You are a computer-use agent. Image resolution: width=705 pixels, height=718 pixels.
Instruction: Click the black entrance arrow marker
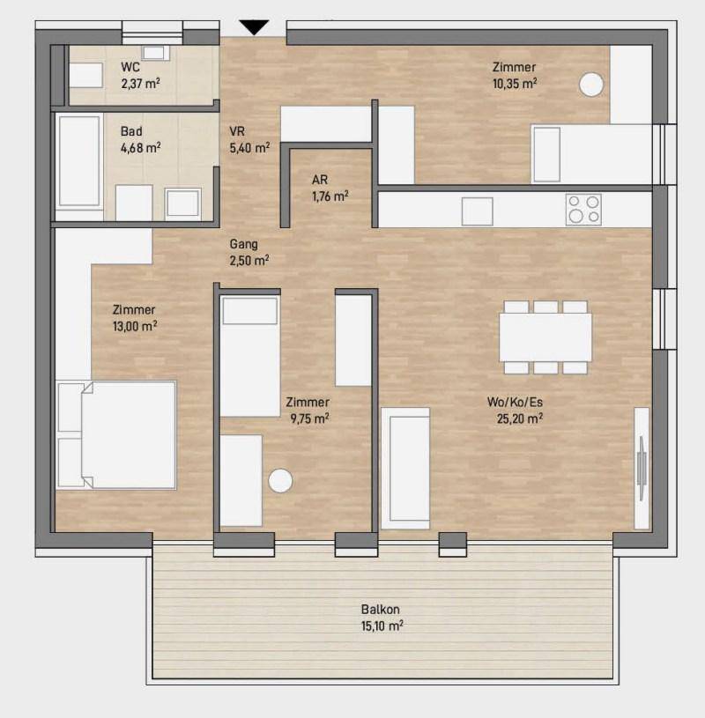pyautogui.click(x=254, y=27)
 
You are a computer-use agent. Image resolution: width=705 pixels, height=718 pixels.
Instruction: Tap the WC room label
pyautogui.click(x=130, y=67)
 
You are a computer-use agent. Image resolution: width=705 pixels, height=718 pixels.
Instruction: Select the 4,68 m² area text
pyautogui.click(x=141, y=148)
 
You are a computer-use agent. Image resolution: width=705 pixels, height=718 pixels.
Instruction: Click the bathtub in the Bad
pyautogui.click(x=79, y=161)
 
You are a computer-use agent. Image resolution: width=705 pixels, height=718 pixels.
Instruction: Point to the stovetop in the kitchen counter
pyautogui.click(x=583, y=210)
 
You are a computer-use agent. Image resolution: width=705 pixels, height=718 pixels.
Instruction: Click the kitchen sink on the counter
pyautogui.click(x=478, y=211)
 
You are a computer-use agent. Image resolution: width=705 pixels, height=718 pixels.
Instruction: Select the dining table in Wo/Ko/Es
pyautogui.click(x=545, y=337)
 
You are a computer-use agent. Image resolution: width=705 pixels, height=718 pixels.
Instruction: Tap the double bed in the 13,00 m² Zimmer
pyautogui.click(x=116, y=434)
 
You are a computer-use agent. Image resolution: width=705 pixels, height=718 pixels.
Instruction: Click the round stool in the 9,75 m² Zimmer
pyautogui.click(x=280, y=481)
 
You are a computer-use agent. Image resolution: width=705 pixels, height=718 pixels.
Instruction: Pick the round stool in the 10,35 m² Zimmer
pyautogui.click(x=591, y=85)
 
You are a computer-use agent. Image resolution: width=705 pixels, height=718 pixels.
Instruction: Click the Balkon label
pyautogui.click(x=380, y=610)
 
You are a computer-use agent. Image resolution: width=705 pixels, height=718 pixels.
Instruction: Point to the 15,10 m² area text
pyautogui.click(x=382, y=625)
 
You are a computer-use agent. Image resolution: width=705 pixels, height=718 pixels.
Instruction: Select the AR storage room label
pyautogui.click(x=320, y=180)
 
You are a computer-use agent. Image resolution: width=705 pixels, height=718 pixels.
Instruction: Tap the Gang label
pyautogui.click(x=244, y=245)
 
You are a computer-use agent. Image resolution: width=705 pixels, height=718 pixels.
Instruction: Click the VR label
pyautogui.click(x=237, y=131)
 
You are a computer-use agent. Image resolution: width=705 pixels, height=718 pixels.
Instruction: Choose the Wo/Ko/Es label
pyautogui.click(x=515, y=402)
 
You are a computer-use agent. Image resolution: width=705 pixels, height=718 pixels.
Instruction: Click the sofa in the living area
pyautogui.click(x=406, y=468)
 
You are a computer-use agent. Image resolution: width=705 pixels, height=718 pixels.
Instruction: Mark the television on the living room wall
pyautogui.click(x=642, y=468)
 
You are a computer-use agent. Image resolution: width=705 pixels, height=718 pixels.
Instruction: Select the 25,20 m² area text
pyautogui.click(x=520, y=418)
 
